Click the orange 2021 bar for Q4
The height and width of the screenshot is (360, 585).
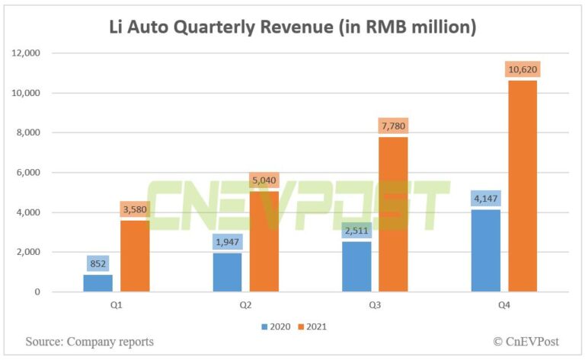[x=523, y=186]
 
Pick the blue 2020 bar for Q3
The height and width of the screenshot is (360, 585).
[x=357, y=266]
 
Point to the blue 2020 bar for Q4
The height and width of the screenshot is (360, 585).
[x=486, y=250]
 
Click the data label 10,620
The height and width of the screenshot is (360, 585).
[x=522, y=69]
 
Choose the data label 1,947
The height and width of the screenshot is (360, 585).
[x=228, y=242]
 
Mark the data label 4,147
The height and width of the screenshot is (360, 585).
[x=486, y=199]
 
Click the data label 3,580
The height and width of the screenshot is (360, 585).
[x=135, y=209]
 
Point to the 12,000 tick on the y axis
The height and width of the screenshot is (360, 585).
[x=29, y=53]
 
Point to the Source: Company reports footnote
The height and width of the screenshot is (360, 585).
[x=89, y=342]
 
